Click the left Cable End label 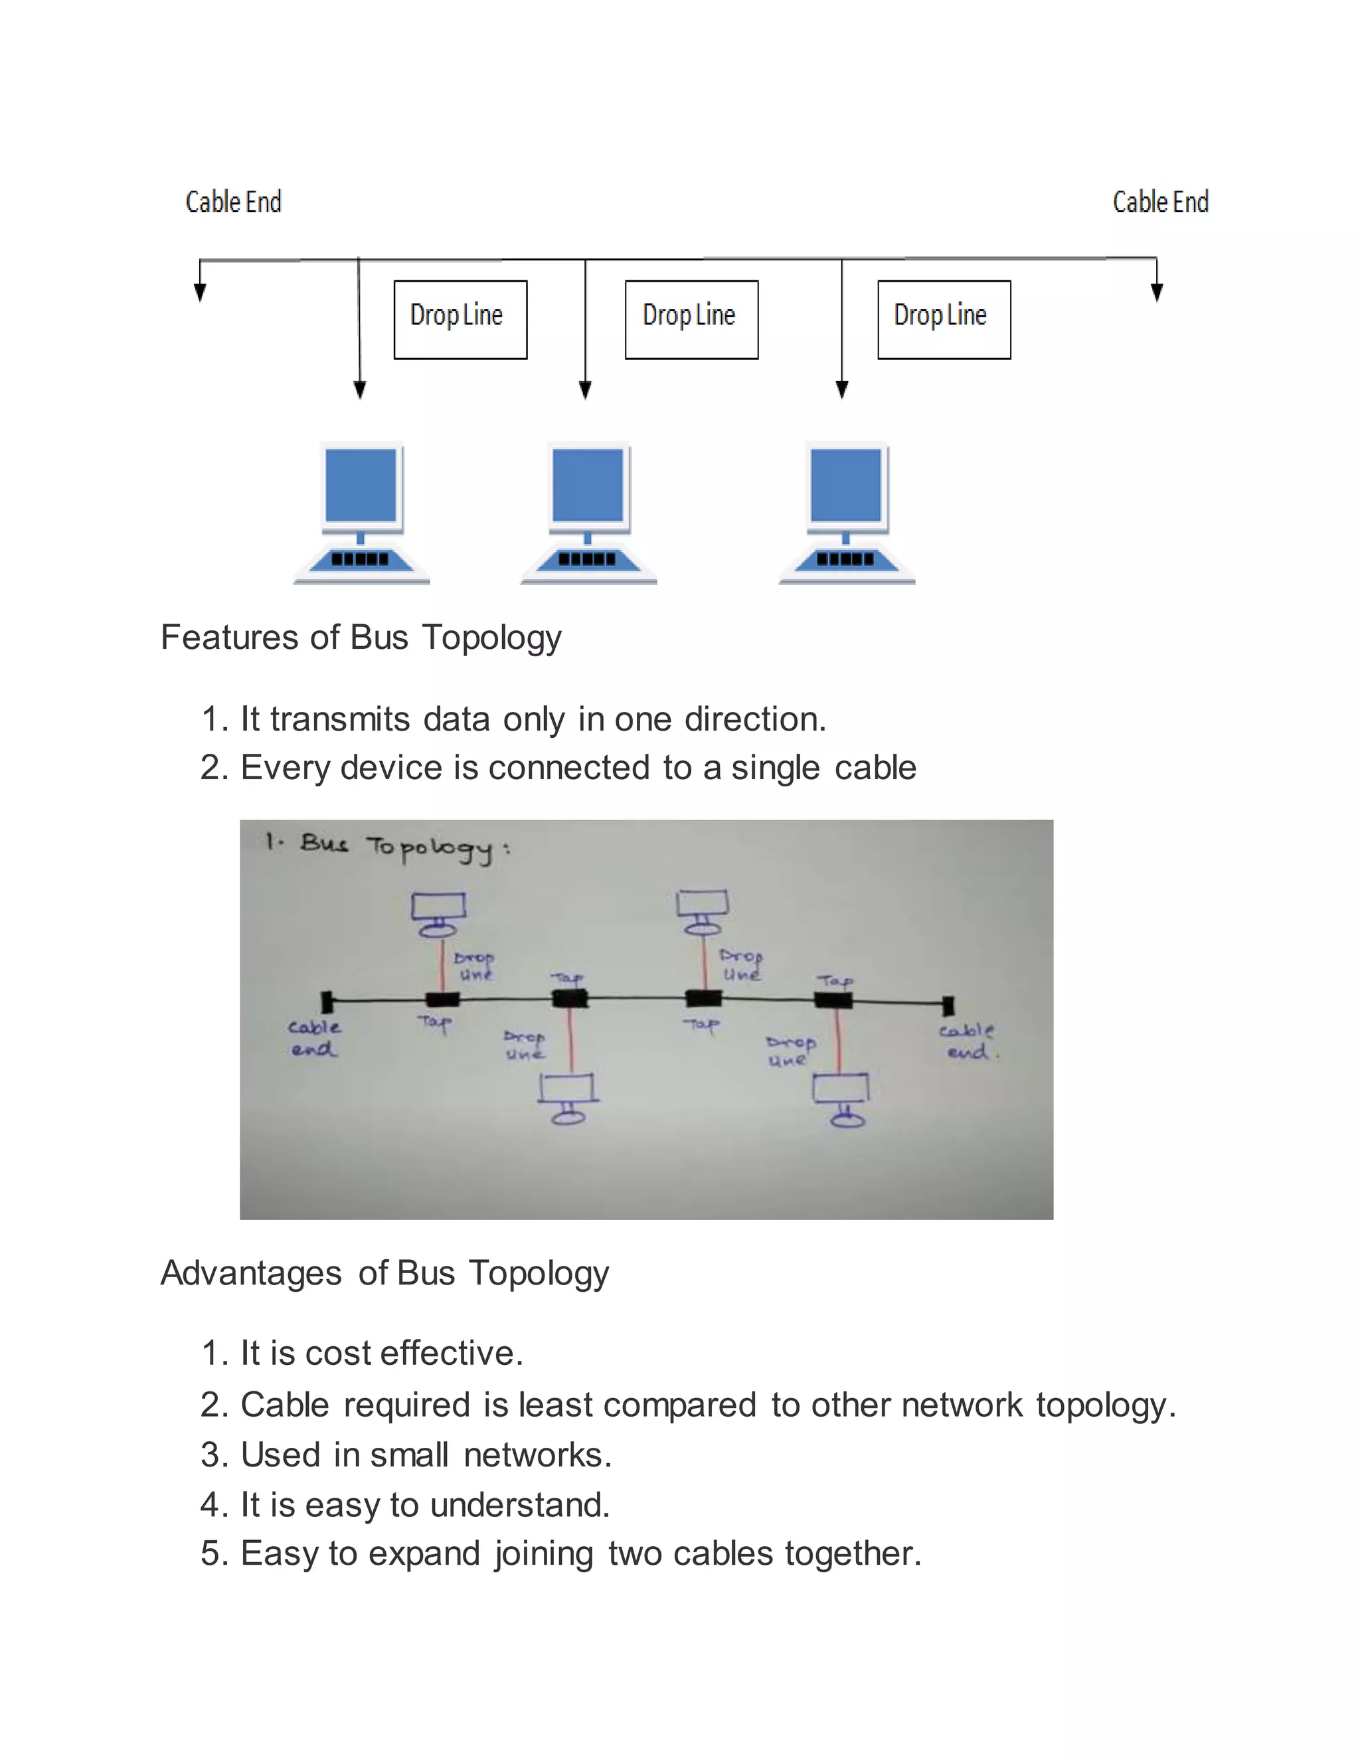click(234, 201)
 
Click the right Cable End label click(1160, 201)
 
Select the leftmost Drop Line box click(460, 319)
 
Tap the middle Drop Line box click(691, 319)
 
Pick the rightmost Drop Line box click(944, 319)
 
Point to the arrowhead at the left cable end click(200, 292)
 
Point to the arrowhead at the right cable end click(1157, 292)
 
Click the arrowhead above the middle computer click(586, 390)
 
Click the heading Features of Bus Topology click(361, 638)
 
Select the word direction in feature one click(755, 719)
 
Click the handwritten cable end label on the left click(314, 1038)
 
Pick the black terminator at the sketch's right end click(948, 1005)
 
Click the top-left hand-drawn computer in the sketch click(438, 914)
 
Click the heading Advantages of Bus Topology click(384, 1273)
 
